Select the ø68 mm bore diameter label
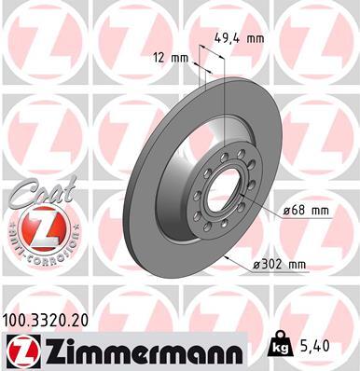pyautogui.click(x=305, y=211)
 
